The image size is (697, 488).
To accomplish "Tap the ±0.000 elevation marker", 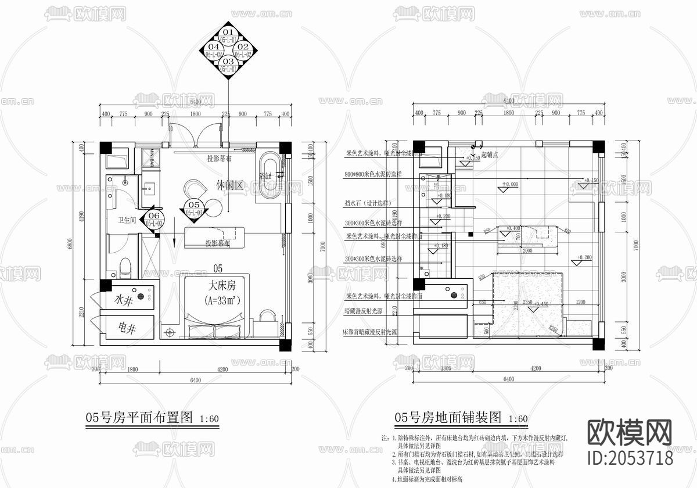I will [509, 185].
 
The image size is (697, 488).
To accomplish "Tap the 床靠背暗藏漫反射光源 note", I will [371, 332].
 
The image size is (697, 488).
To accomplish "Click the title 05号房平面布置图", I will [139, 417].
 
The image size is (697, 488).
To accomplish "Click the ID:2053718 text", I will [631, 458].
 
